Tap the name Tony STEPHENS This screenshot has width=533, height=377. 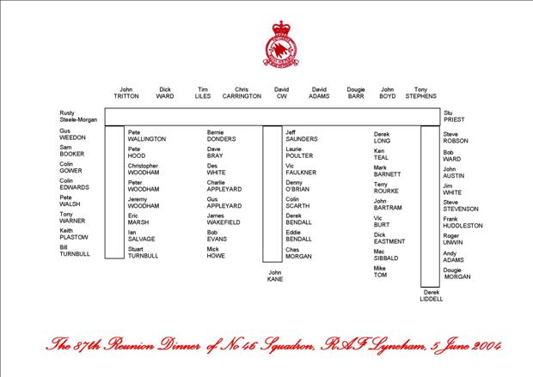[x=420, y=93]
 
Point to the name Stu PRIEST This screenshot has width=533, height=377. [x=454, y=117]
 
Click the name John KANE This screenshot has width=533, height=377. [x=275, y=276]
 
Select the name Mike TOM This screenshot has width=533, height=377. [x=380, y=272]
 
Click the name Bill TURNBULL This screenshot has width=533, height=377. [x=75, y=251]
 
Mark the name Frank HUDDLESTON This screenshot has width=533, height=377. [x=463, y=222]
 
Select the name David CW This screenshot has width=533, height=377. [x=281, y=93]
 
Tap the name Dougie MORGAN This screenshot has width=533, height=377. [x=457, y=271]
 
